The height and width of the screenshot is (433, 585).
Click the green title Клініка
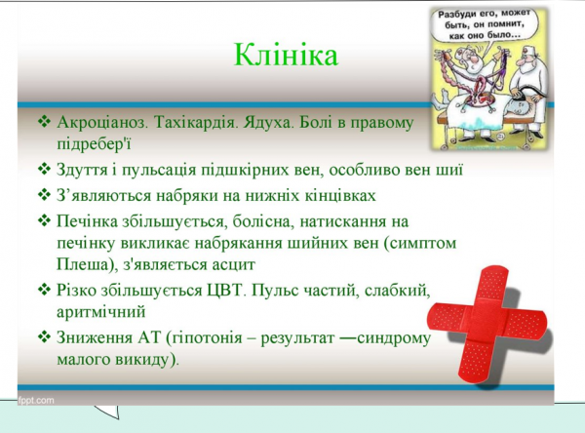click(286, 56)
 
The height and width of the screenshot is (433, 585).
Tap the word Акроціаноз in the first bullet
click(102, 124)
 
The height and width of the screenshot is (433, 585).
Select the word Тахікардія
click(210, 124)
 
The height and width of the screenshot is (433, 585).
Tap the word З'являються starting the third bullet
click(109, 194)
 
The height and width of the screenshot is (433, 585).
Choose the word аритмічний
click(100, 312)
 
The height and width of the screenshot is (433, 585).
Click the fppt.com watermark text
click(36, 400)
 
